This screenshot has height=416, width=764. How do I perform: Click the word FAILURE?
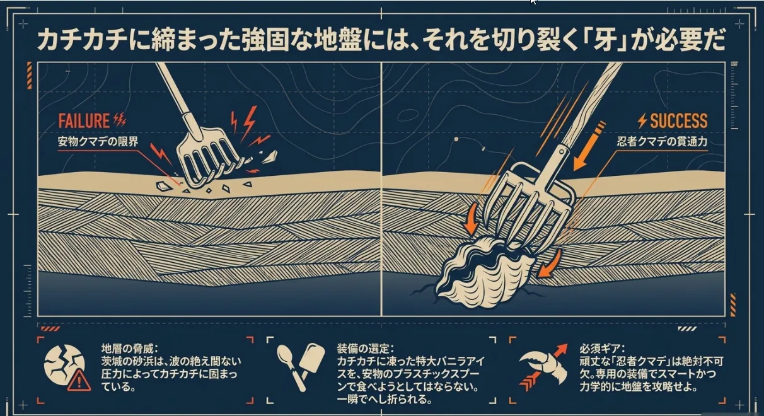coord(84,121)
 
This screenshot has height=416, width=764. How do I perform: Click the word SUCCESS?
coord(679,121)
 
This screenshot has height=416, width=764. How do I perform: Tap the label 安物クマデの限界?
coord(98,142)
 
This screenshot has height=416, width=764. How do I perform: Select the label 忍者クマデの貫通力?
coord(662,142)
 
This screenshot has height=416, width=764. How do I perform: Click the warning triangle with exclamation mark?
coord(79,380)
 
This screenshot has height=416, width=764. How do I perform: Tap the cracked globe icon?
coord(64,367)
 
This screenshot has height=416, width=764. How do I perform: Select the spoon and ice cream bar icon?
coord(300,367)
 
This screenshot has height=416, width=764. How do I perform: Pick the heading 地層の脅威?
coord(130,349)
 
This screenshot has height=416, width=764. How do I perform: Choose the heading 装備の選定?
coord(365,349)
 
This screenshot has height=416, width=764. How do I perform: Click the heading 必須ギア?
coord(602,349)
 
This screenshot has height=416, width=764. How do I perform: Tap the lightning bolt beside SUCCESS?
coord(642,121)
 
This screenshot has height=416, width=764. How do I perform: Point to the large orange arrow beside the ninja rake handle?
coord(589,146)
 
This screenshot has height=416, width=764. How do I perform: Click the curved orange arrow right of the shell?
coord(550,263)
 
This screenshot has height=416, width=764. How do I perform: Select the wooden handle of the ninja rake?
coord(593,102)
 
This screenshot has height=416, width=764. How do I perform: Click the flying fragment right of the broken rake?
coord(269,157)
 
